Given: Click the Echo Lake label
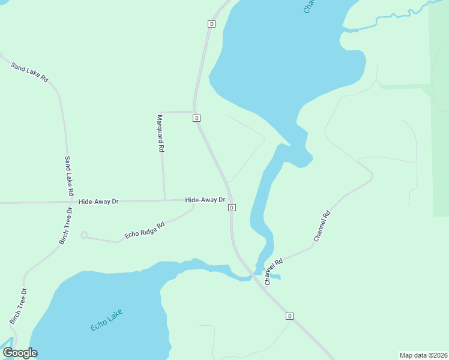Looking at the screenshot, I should point(107,320).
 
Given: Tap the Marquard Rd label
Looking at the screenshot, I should point(160,133).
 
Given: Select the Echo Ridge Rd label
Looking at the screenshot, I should point(145,230).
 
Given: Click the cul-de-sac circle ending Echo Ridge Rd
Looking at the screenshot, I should point(84,235).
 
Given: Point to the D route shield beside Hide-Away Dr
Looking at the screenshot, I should point(232,208).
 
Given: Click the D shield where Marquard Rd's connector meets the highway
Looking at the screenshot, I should point(196,118).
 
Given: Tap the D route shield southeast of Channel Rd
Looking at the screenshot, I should point(289,316).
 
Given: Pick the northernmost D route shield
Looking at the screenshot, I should point(211,24).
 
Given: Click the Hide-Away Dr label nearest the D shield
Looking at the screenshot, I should point(205,200).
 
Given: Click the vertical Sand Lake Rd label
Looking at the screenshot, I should point(68,176).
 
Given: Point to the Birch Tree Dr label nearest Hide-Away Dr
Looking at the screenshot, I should point(65,227).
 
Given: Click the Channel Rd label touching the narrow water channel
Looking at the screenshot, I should point(273,272).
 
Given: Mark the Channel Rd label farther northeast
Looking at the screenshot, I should point(322,226).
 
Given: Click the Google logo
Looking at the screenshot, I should point(20,353).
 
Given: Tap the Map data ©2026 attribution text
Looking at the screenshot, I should point(424,355).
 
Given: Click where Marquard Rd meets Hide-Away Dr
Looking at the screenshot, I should point(165,200).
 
